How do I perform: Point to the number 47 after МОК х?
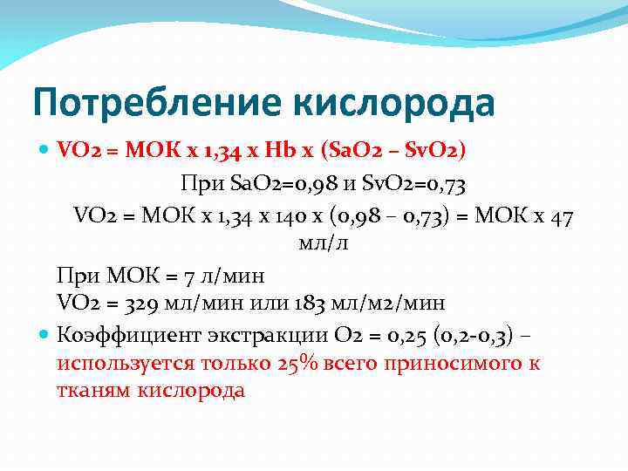tap(561, 216)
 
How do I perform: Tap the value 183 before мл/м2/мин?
tap(309, 303)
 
